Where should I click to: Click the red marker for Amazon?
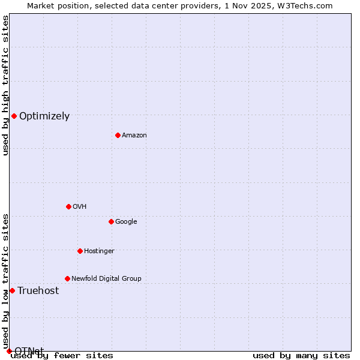click(118, 135)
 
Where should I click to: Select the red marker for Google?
click(111, 221)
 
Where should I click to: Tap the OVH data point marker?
click(68, 206)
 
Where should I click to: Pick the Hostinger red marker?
click(80, 251)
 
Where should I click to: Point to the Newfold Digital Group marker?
click(67, 278)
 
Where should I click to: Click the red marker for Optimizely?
click(14, 116)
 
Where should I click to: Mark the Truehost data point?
click(12, 290)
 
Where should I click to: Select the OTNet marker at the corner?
click(9, 351)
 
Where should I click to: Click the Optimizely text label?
click(44, 116)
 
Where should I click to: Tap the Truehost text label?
click(38, 291)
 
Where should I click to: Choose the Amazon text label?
click(134, 136)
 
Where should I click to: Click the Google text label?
click(126, 222)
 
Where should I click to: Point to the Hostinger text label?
click(99, 251)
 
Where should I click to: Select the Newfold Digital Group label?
click(106, 278)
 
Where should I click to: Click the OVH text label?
click(80, 207)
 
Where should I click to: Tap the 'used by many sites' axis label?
click(301, 356)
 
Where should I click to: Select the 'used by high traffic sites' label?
click(5, 85)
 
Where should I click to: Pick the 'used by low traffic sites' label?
click(5, 281)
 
